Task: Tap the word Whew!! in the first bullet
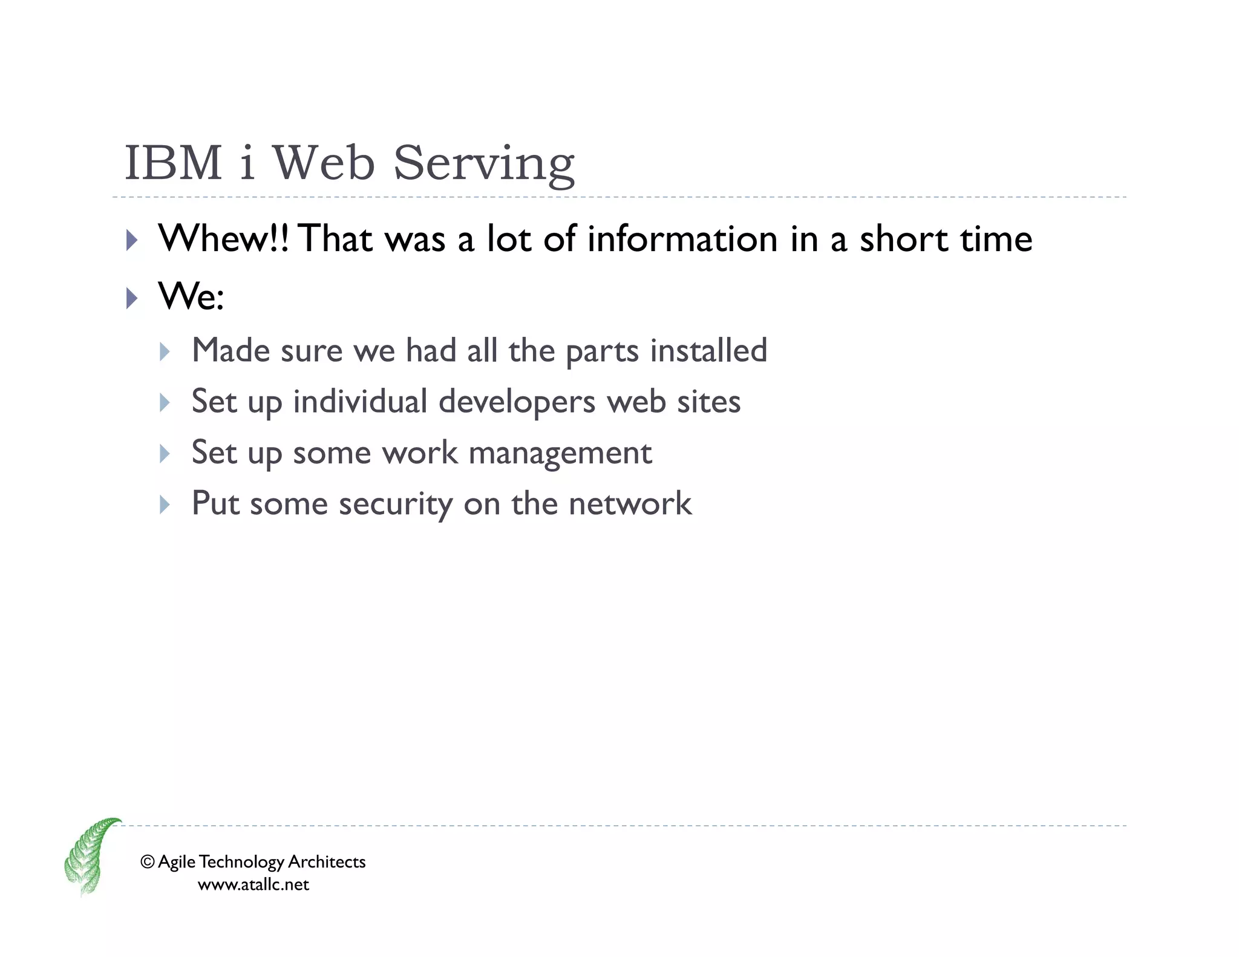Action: coord(223,238)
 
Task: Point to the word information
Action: coord(682,238)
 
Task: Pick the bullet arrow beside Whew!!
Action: coord(132,240)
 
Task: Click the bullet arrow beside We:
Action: coord(132,298)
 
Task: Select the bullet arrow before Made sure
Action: coord(165,351)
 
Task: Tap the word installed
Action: coord(708,350)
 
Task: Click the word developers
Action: coord(517,402)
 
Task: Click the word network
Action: coord(630,504)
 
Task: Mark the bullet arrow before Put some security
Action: coord(165,505)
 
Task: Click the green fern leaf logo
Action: coord(90,855)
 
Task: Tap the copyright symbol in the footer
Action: coord(147,861)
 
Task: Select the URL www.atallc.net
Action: coord(253,884)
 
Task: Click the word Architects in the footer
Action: coord(326,861)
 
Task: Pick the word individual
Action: coord(360,402)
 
